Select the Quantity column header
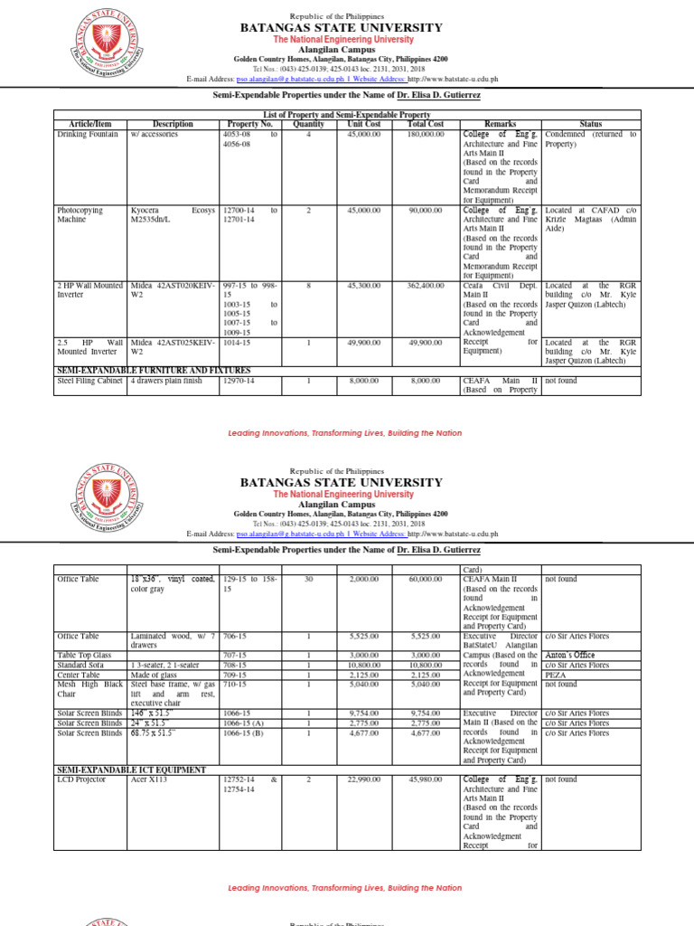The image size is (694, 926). tap(307, 124)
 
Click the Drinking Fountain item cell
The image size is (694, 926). tap(88, 134)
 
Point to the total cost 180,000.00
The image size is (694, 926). tap(426, 134)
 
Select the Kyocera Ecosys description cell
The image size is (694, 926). tap(173, 214)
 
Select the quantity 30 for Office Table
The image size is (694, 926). tap(307, 579)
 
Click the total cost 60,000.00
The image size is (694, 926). tap(426, 579)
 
